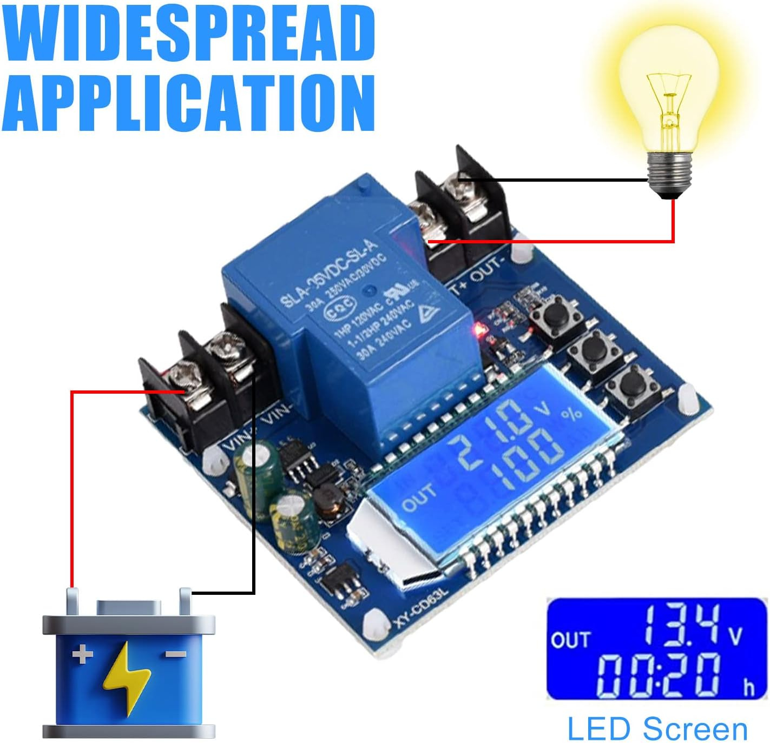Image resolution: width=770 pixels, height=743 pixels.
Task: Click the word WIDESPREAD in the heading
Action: tap(189, 34)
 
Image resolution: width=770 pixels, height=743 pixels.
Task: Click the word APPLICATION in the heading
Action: tap(189, 103)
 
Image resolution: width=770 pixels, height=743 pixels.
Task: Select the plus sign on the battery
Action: tap(82, 655)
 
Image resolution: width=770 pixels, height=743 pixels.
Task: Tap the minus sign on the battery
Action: tap(175, 654)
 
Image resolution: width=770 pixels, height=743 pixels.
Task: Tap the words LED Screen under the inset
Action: tap(657, 728)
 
